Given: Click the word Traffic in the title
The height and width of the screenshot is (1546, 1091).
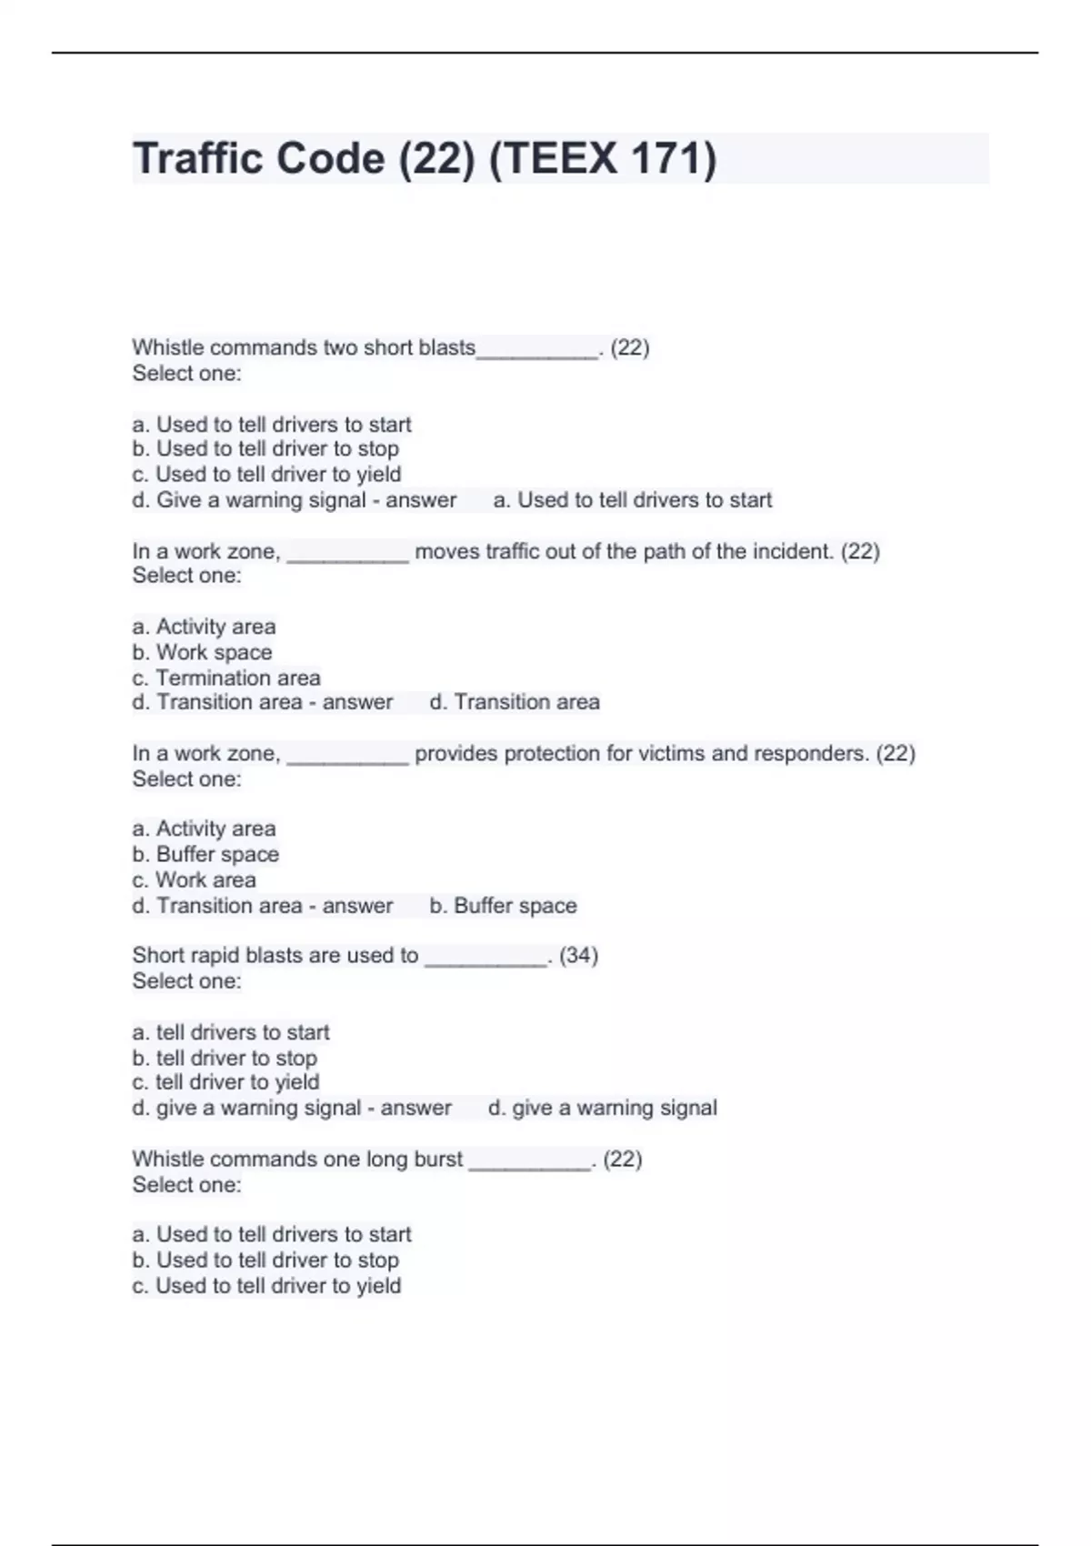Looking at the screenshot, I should (196, 158).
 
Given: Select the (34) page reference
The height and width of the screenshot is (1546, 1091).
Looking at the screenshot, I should (578, 956).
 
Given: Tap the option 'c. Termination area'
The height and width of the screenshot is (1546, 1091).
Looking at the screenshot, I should (226, 678).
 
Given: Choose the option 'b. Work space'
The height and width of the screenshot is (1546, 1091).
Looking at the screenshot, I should (202, 652).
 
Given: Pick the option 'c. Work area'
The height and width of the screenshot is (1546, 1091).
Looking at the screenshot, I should (194, 879).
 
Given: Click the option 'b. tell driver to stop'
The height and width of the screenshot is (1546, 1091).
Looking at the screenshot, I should (225, 1058).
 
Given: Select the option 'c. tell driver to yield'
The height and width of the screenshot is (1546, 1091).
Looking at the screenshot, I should (225, 1082).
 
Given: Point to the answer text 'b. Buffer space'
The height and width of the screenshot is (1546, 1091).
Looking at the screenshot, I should (503, 906).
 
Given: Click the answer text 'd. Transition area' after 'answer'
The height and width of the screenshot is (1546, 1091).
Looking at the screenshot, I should (515, 702).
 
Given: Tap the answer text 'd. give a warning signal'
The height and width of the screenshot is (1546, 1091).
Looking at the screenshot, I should (602, 1108).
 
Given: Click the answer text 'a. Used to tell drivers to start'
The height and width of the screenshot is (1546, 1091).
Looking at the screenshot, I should (632, 500).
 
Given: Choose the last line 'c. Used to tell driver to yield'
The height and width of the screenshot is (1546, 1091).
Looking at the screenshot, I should (266, 1286).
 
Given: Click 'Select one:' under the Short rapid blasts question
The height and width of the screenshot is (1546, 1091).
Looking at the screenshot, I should (186, 981).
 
